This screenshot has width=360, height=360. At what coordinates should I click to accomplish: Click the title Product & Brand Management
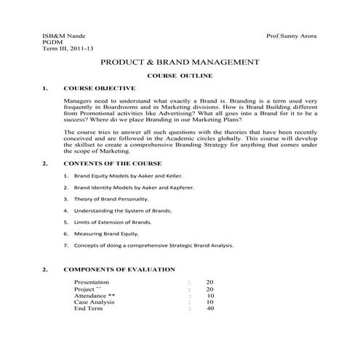coord(179,63)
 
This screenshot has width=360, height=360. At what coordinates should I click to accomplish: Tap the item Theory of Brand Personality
coord(111,199)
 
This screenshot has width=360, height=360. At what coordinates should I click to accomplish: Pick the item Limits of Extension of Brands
coord(113,221)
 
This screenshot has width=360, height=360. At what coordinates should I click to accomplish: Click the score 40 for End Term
coord(210,308)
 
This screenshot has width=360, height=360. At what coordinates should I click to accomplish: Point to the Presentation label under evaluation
coord(92,281)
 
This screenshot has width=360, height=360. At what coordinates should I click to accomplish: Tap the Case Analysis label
coord(94,302)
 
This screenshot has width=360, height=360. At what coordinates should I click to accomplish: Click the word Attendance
coord(90,295)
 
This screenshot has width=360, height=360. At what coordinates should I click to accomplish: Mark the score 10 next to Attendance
coord(210,295)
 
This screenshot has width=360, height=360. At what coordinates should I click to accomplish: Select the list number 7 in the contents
coord(65,245)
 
